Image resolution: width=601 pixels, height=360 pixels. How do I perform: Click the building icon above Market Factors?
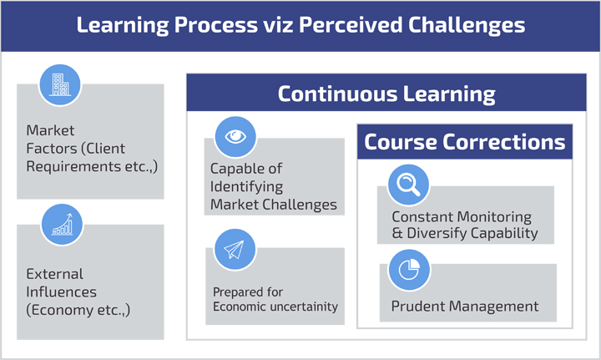tap(60, 84)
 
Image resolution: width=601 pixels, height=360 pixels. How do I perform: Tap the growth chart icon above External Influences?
tap(62, 225)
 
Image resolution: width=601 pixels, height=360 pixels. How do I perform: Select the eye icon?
tap(235, 136)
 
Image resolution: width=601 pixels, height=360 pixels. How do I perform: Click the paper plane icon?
tap(235, 250)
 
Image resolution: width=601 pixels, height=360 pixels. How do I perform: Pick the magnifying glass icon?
tap(408, 185)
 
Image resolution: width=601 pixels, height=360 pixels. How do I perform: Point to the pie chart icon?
tap(409, 270)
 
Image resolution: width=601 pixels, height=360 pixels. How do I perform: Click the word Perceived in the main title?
tap(351, 25)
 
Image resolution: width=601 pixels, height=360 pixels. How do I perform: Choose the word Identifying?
tap(246, 187)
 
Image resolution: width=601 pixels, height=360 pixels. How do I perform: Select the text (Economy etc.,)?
tap(78, 310)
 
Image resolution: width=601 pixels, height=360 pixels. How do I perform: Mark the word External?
tap(54, 274)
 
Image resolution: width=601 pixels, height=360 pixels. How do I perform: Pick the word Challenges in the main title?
tap(467, 25)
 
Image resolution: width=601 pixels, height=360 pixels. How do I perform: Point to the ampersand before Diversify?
tap(397, 233)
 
